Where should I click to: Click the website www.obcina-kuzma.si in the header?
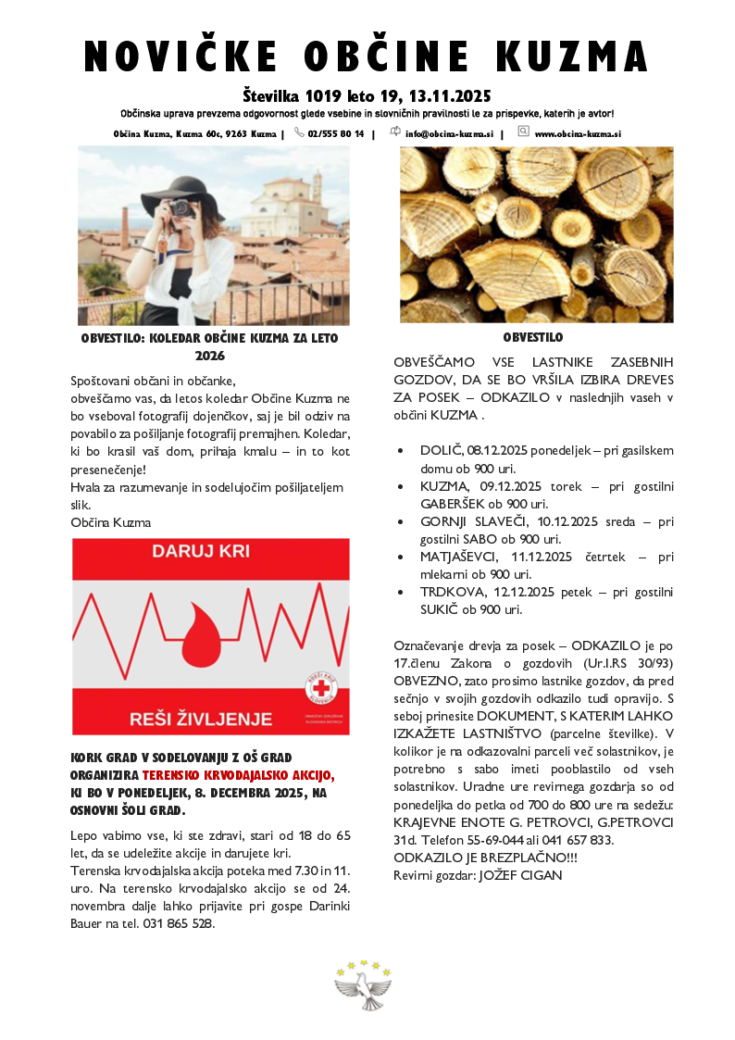[x=577, y=133]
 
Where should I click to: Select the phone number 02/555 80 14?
[x=335, y=133]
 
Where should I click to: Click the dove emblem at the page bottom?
[x=364, y=987]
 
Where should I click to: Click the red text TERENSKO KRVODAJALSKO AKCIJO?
[x=239, y=774]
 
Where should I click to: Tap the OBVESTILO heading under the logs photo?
[x=533, y=338]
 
